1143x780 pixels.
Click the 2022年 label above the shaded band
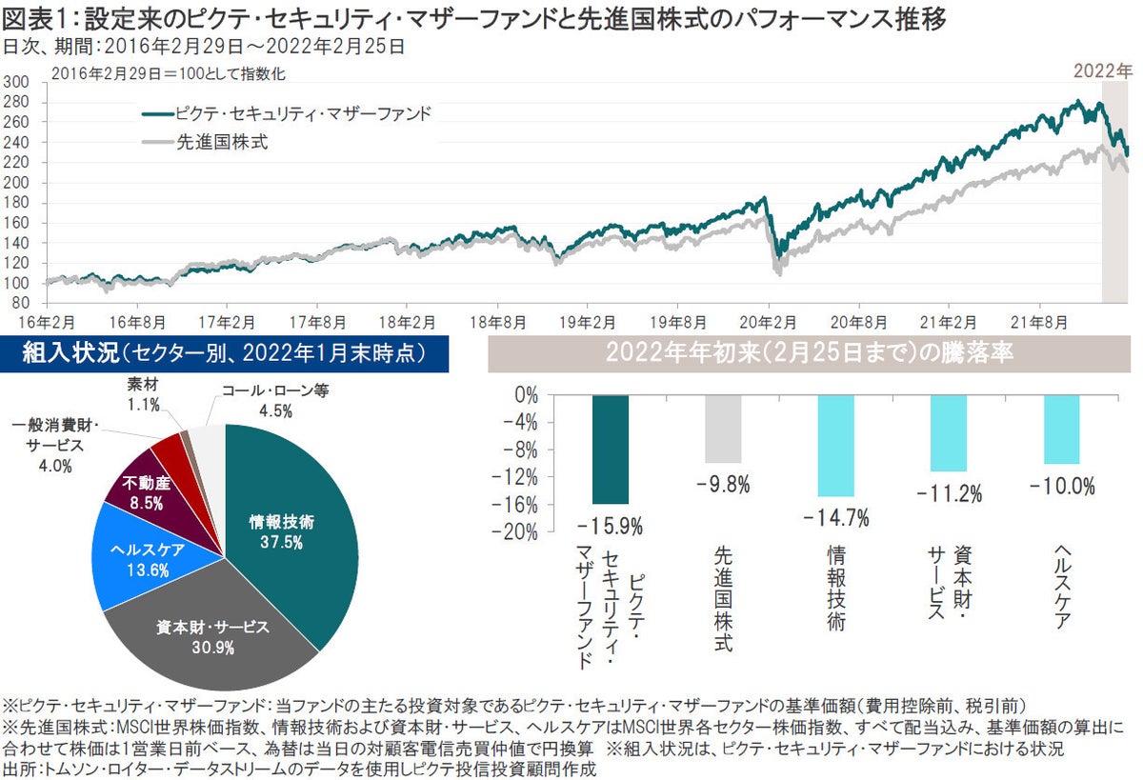coord(1103,70)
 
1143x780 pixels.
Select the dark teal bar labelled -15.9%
coord(610,449)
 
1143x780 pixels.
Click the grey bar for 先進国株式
coord(723,429)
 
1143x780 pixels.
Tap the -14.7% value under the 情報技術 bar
coord(835,519)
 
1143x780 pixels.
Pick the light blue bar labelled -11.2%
coord(948,433)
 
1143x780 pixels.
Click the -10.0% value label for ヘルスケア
coord(1061,486)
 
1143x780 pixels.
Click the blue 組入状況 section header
coord(225,354)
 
